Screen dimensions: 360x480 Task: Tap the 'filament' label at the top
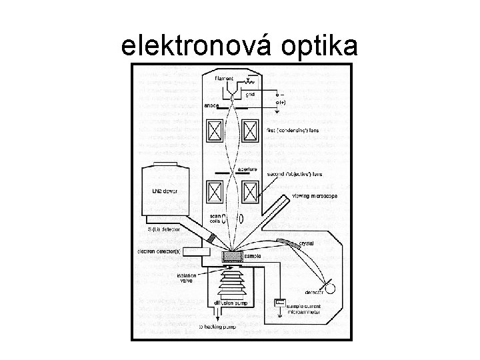coord(224,79)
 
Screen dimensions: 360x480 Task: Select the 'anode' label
coord(211,105)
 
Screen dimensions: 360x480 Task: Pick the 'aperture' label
coord(247,170)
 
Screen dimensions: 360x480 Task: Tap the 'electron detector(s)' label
coord(160,251)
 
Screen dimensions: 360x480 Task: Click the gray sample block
coord(233,256)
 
